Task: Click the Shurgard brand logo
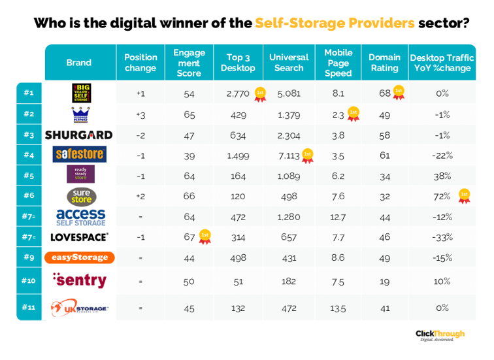click(x=79, y=135)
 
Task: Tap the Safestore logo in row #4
click(x=79, y=154)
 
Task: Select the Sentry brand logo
click(x=79, y=280)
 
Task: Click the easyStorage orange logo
click(x=79, y=257)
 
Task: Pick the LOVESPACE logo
click(x=79, y=237)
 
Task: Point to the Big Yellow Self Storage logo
click(x=79, y=93)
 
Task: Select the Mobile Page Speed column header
click(x=338, y=63)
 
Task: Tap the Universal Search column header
click(x=289, y=63)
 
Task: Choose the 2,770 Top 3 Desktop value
click(x=238, y=93)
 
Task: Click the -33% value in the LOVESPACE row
click(x=442, y=237)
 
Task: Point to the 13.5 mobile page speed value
click(x=338, y=308)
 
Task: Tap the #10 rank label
click(x=29, y=280)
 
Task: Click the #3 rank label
click(x=29, y=135)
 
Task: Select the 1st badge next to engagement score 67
click(x=205, y=235)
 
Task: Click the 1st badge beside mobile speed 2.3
click(x=354, y=113)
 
